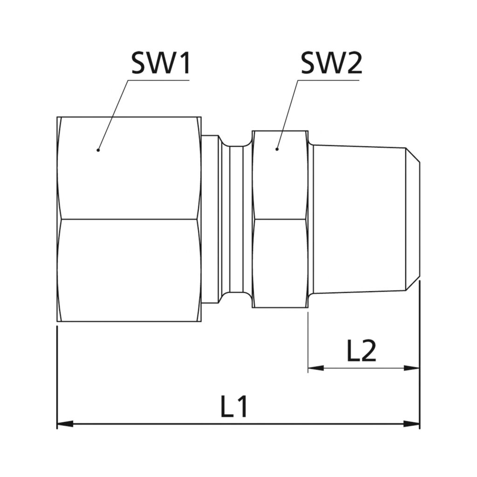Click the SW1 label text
pyautogui.click(x=161, y=63)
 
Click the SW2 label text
pyautogui.click(x=331, y=63)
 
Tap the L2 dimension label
pyautogui.click(x=361, y=352)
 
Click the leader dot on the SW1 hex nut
pyautogui.click(x=98, y=150)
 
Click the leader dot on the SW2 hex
pyautogui.click(x=277, y=150)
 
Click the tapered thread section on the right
pyautogui.click(x=359, y=219)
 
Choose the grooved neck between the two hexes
pyautogui.click(x=236, y=219)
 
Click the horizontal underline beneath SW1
pyautogui.click(x=158, y=80)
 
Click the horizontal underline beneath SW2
pyautogui.click(x=328, y=80)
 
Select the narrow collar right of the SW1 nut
pyautogui.click(x=210, y=219)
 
